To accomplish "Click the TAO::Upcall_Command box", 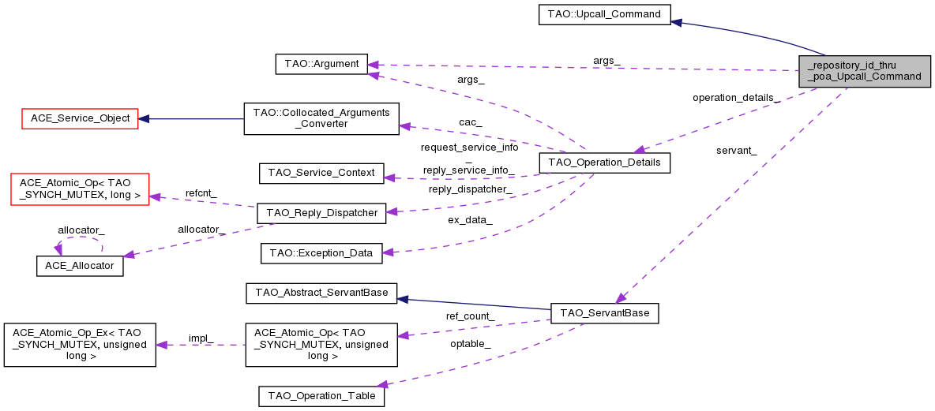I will [x=604, y=14].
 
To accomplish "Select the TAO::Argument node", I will [x=321, y=64].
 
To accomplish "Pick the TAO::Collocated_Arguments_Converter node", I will [x=321, y=118].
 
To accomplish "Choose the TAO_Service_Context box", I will [x=321, y=173].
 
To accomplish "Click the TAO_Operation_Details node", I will [x=604, y=163].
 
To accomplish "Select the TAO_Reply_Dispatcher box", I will [x=321, y=212].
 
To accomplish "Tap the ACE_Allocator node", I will [x=80, y=266].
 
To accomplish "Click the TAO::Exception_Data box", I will [x=321, y=253].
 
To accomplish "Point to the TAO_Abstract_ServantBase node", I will [x=321, y=293].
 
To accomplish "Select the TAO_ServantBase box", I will [x=604, y=313].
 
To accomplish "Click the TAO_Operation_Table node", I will [x=321, y=396].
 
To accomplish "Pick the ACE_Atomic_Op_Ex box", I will [x=80, y=345].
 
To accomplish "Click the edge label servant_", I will [x=736, y=151].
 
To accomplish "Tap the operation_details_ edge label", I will [x=736, y=98].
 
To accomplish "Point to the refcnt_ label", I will [x=201, y=192].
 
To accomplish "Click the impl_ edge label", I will [x=201, y=338].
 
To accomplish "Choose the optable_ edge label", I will [x=470, y=344].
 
